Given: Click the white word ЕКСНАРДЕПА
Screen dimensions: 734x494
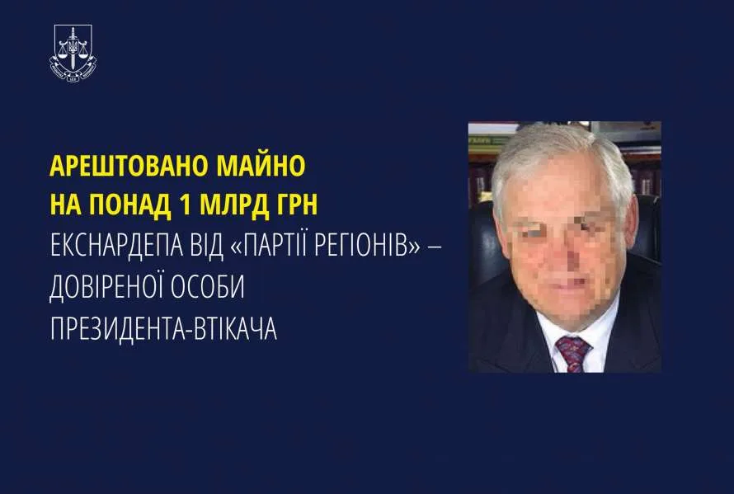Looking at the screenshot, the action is click(x=116, y=246).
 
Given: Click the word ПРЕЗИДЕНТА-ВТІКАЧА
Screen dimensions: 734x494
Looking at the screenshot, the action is click(x=163, y=328).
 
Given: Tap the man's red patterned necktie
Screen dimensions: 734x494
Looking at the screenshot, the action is click(x=573, y=354).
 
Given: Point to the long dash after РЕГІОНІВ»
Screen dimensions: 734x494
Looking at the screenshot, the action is click(x=435, y=246).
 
